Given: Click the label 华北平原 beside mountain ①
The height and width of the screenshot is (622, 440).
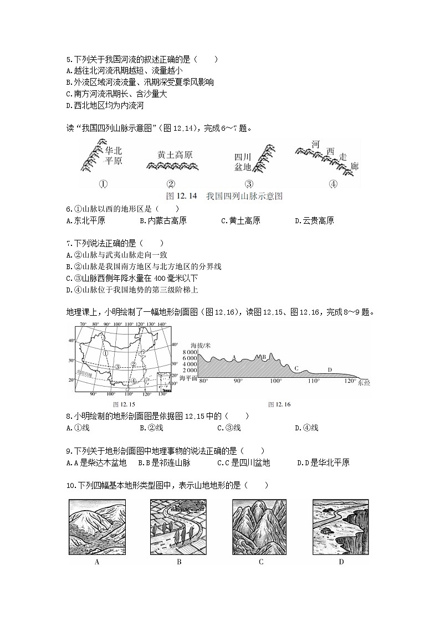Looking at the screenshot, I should pos(113,156).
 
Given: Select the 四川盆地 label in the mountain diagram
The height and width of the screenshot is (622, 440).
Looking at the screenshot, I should pos(243,162).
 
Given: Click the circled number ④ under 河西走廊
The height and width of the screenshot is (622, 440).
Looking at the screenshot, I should pos(333,184).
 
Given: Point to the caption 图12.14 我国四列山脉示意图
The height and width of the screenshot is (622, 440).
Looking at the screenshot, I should pos(224,196).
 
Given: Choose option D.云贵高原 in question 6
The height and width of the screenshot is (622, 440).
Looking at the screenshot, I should pos(315,221).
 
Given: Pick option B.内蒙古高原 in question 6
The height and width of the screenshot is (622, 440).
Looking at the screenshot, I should pos(163,221).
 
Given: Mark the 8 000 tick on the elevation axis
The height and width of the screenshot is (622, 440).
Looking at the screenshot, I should pos(189,352).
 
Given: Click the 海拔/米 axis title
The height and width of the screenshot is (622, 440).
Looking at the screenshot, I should pos(199,345).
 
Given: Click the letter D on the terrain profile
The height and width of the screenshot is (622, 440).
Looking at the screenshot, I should pos(330,369).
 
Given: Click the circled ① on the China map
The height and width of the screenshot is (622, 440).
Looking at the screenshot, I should pos(104,353).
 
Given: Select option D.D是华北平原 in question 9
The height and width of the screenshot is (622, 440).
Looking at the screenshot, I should pos(323,463).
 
